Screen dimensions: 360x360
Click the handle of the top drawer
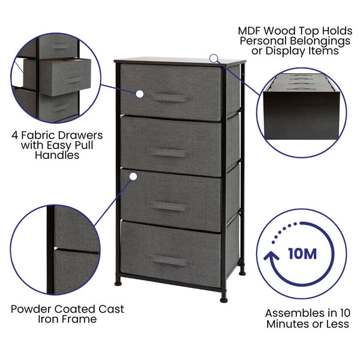point(169,98)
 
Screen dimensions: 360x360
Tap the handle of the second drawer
point(169,153)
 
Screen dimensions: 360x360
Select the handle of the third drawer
point(169,206)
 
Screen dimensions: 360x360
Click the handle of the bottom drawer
point(169,260)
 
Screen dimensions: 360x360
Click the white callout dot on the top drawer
point(139,94)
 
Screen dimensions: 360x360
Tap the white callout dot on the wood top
point(213,58)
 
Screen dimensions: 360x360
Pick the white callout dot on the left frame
point(134,176)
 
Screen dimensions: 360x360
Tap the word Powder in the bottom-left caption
point(30,309)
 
